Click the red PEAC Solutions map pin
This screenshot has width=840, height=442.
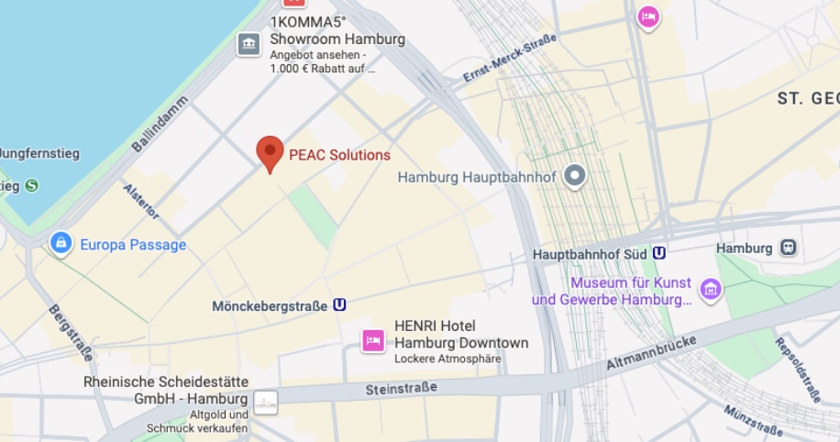(269, 152)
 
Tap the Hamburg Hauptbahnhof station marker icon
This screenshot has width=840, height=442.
(575, 175)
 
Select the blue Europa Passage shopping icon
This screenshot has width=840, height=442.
(61, 244)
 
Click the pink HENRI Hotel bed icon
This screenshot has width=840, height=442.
(373, 340)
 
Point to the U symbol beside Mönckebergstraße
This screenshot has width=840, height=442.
(340, 305)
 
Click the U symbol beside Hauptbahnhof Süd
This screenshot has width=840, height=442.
(658, 254)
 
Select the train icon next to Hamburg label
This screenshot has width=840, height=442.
(788, 248)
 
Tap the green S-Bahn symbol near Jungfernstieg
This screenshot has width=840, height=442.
(32, 185)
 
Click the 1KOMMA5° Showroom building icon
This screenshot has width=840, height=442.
(249, 43)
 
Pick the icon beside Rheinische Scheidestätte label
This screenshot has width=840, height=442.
(266, 402)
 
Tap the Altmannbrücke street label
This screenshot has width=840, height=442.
(651, 352)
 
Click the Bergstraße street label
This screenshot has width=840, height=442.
(70, 332)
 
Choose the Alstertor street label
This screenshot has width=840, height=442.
(141, 201)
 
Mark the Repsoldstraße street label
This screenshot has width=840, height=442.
(797, 370)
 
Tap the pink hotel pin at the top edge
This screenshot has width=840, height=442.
(648, 17)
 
